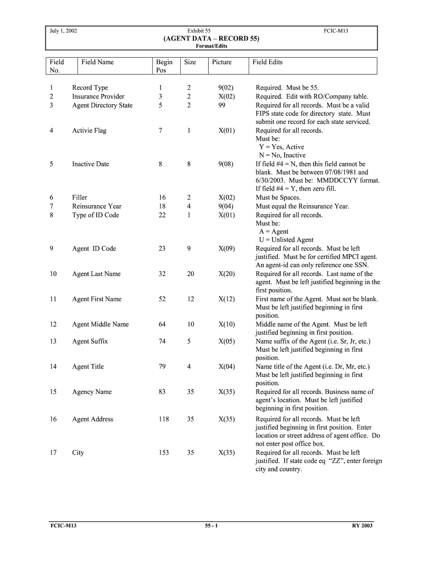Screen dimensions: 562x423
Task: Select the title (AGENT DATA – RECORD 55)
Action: (211, 39)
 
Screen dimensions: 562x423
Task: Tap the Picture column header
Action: (222, 63)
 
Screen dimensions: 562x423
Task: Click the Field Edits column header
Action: (268, 63)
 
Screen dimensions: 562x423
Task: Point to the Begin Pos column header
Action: (164, 66)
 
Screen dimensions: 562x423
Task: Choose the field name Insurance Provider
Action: (98, 97)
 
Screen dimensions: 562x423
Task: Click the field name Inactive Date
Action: (91, 164)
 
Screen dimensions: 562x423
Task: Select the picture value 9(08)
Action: (226, 164)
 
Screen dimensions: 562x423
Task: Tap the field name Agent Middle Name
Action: (101, 324)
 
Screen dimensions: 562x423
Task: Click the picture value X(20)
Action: (226, 274)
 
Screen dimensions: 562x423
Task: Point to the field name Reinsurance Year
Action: (97, 206)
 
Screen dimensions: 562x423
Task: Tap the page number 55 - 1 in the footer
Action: (211, 526)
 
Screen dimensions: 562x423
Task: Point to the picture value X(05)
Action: (226, 341)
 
